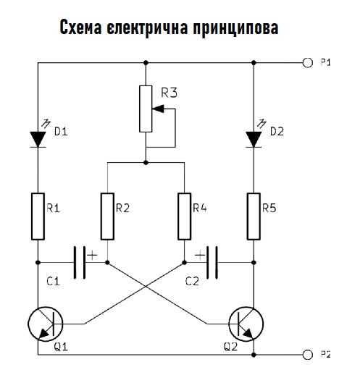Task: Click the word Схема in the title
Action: click(x=80, y=27)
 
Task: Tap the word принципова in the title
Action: click(x=235, y=28)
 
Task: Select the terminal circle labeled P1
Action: click(x=308, y=63)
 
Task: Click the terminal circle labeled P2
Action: click(x=308, y=355)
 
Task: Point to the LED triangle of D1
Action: click(x=38, y=139)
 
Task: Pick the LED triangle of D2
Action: click(x=254, y=139)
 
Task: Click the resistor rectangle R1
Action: click(x=38, y=216)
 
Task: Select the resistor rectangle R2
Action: click(x=107, y=216)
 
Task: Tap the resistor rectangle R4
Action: click(x=184, y=216)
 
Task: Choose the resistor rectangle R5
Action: click(x=254, y=216)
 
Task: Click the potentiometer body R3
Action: click(x=146, y=109)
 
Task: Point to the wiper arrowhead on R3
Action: click(x=158, y=109)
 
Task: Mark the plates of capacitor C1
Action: click(x=80, y=263)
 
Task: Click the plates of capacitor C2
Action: click(x=212, y=263)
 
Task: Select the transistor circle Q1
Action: click(x=46, y=324)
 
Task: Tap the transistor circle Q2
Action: click(x=246, y=324)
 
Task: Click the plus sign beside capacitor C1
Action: click(x=92, y=256)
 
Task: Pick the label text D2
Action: click(x=277, y=132)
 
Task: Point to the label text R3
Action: click(x=169, y=93)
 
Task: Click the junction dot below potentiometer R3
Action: click(x=146, y=162)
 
